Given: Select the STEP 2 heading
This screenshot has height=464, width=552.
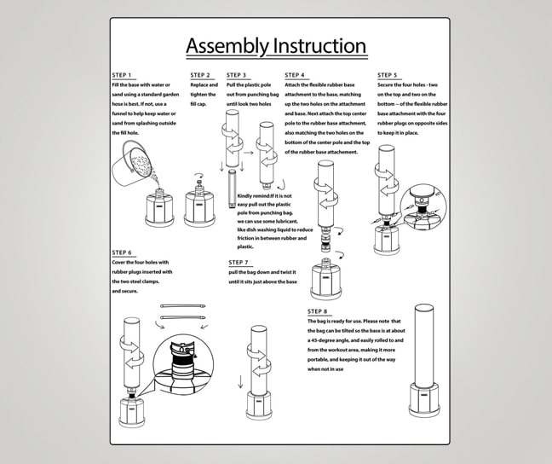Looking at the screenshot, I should click(x=200, y=75).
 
